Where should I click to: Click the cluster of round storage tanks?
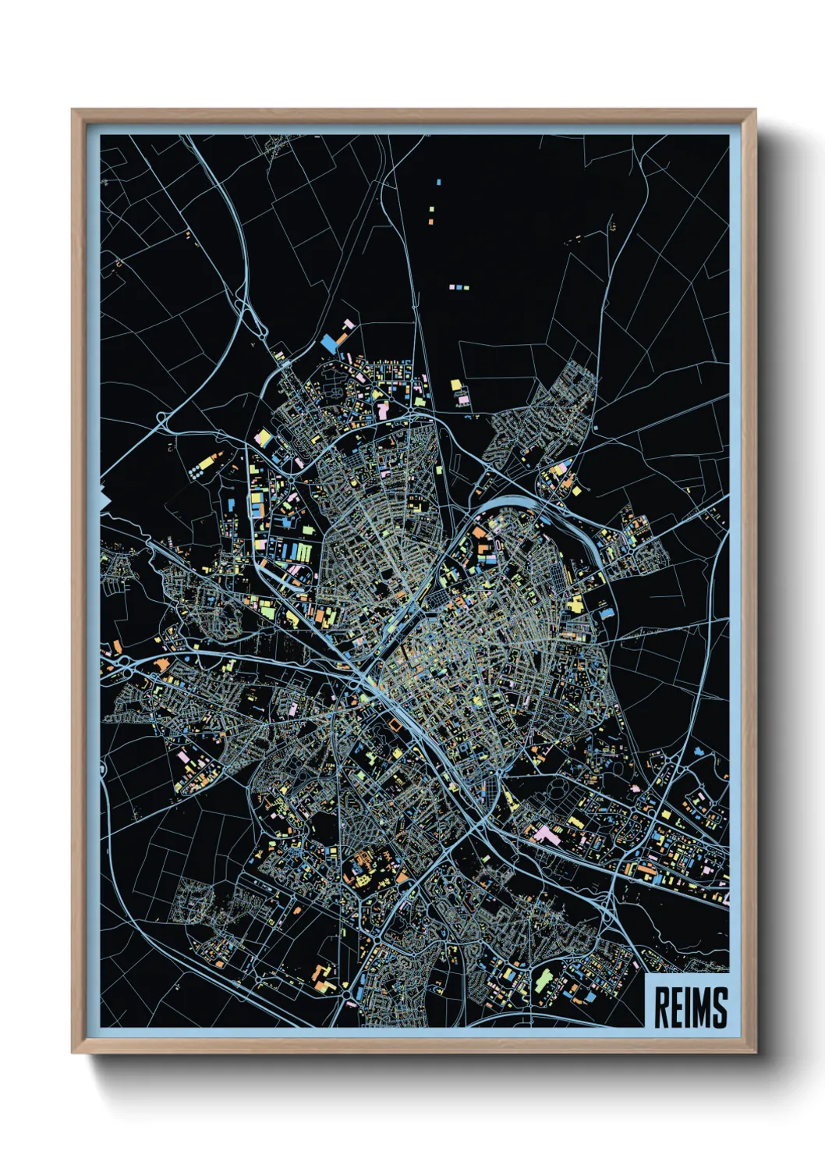click(194, 472)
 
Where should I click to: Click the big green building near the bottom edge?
click(543, 979)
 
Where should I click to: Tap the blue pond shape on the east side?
click(699, 752)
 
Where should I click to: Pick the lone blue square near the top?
click(438, 182)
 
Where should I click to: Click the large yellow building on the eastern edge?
click(575, 603)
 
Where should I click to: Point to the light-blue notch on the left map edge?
click(104, 497)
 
